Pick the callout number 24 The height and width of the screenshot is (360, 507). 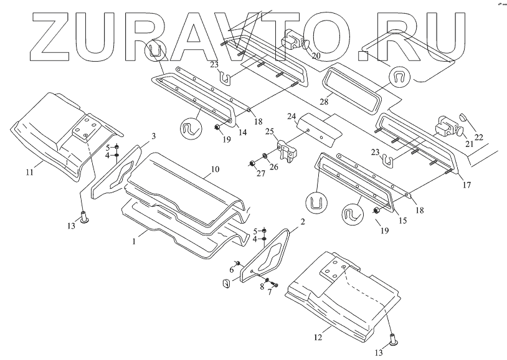tap(291, 116)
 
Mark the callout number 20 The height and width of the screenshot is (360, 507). tap(316, 55)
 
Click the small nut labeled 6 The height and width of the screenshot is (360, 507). tap(237, 263)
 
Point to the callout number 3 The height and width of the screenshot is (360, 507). tap(153, 135)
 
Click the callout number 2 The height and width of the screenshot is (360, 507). tap(302, 221)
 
